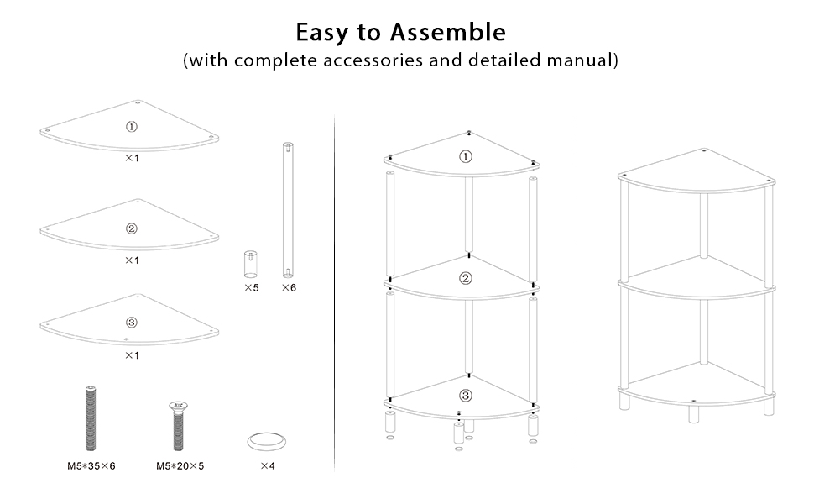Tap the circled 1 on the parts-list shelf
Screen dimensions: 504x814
click(x=132, y=127)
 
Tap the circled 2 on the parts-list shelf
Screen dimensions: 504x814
click(x=132, y=228)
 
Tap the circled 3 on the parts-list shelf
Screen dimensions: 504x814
click(x=132, y=323)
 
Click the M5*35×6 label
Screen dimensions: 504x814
click(x=91, y=465)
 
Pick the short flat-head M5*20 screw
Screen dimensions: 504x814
click(x=178, y=424)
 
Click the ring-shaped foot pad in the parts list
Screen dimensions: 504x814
click(x=268, y=441)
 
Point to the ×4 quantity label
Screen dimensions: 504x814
click(x=268, y=465)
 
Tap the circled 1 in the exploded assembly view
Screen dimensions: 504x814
click(x=466, y=156)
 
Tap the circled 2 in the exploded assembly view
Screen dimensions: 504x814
click(x=466, y=279)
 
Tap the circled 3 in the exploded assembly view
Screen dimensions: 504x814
click(x=466, y=396)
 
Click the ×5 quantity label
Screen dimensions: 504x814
click(x=251, y=287)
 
